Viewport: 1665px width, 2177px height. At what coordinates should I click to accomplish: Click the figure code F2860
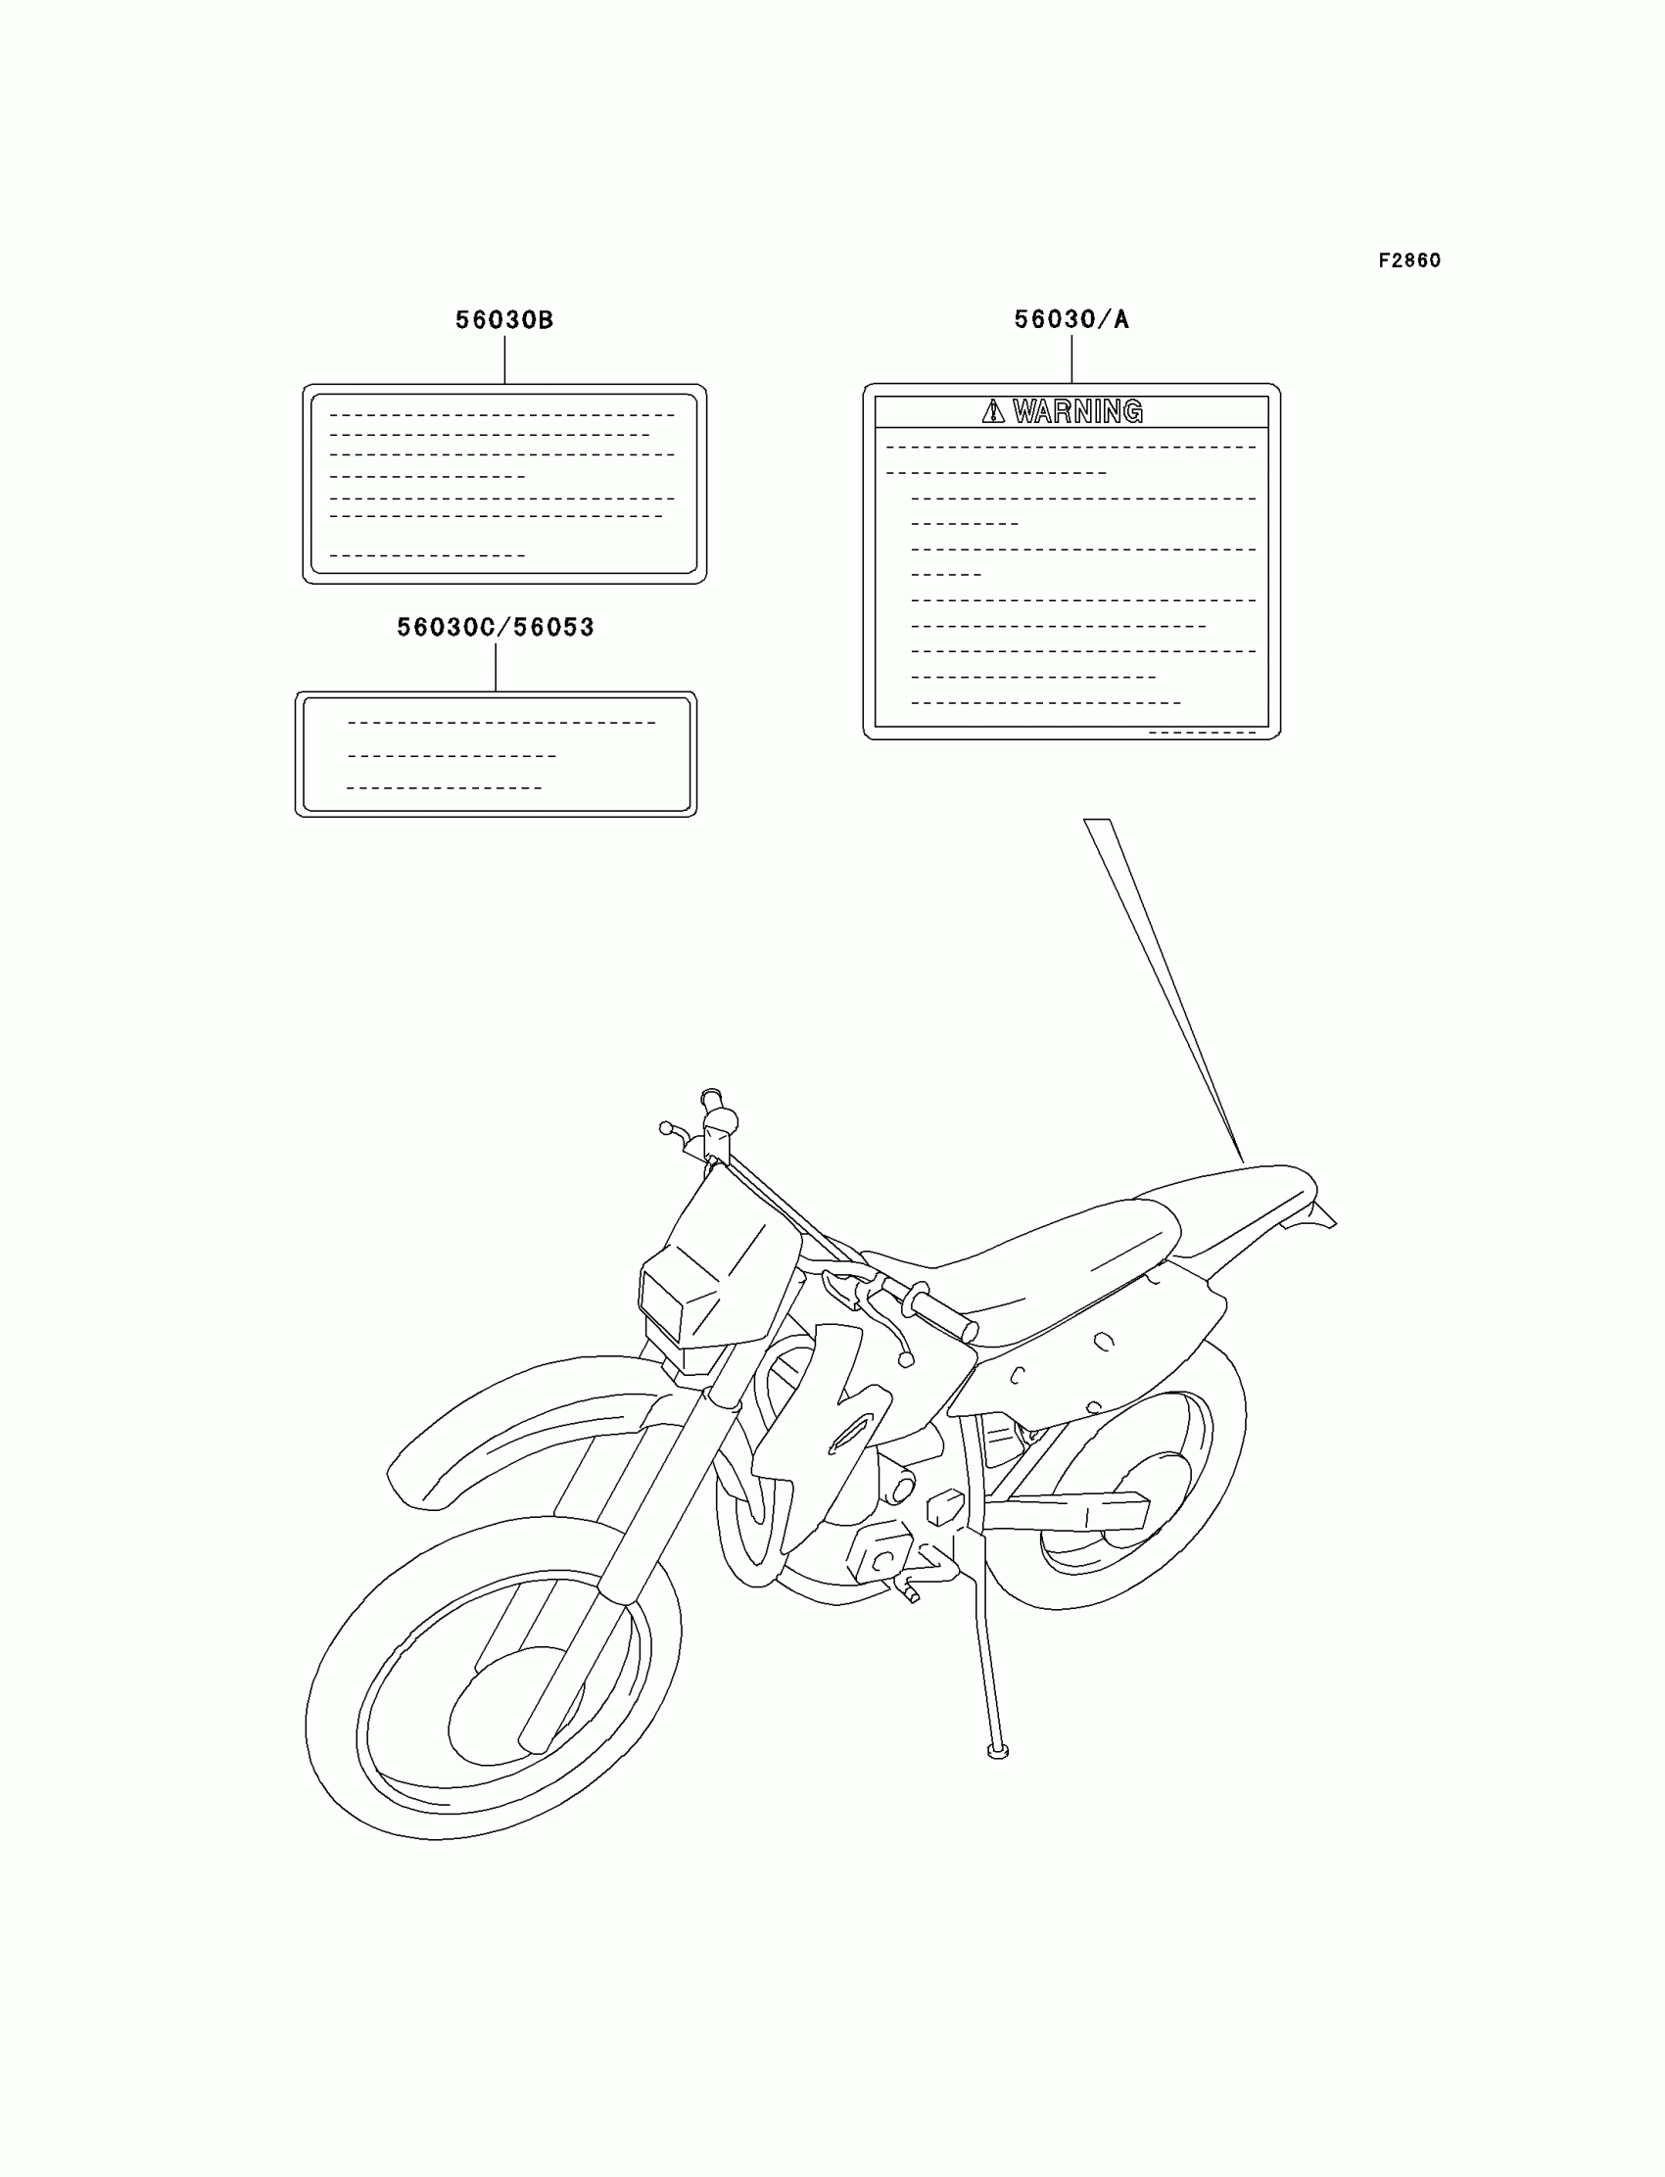[1409, 260]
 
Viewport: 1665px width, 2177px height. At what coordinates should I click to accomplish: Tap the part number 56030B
[503, 320]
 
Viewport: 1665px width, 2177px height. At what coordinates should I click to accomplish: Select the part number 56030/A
[1070, 319]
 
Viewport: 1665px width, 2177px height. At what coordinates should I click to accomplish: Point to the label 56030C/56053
[495, 627]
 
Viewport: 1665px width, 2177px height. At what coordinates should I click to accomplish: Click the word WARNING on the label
[1077, 411]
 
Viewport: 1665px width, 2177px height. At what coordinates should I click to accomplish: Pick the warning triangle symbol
[992, 411]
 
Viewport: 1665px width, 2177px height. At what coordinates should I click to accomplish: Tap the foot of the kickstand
[998, 1753]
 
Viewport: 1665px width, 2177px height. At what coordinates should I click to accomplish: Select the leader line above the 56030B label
[504, 359]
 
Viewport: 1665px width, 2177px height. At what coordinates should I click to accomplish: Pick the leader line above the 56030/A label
[1071, 358]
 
